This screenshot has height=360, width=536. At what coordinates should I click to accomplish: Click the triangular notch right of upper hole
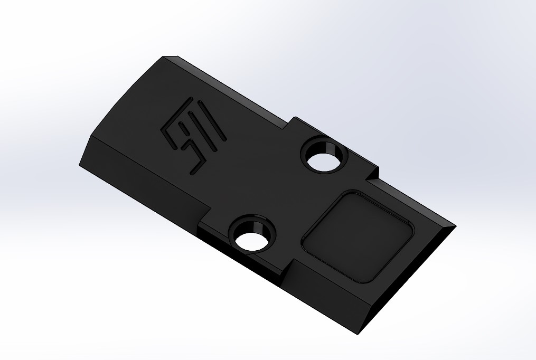point(373,173)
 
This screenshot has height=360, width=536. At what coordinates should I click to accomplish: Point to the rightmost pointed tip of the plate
point(456,226)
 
